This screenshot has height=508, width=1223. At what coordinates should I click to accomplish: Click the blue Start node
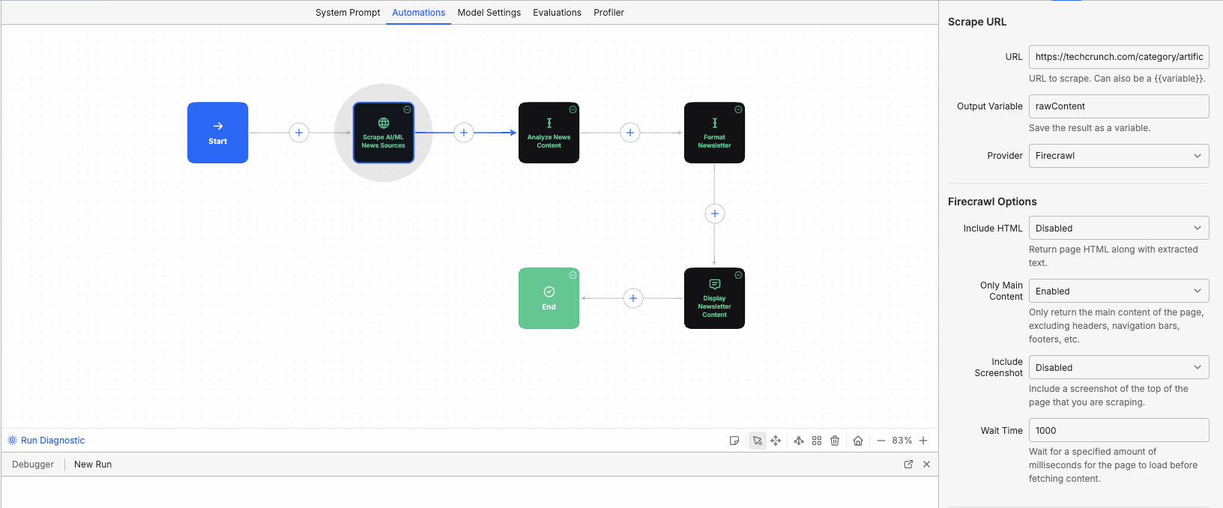coord(217,133)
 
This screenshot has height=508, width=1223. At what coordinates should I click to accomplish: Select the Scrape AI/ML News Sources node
coord(383,133)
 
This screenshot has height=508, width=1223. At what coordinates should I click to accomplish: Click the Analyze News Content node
coord(549,133)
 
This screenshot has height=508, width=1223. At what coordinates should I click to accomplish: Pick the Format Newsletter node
coord(714,133)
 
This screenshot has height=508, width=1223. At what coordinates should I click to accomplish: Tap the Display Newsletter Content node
coord(714,298)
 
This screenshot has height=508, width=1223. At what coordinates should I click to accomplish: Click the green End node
coord(549,298)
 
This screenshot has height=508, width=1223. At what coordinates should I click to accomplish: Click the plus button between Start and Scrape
coord(299,133)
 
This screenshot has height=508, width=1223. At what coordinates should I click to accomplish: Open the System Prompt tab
coord(348,13)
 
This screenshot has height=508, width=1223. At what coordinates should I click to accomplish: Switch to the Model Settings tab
coord(489,13)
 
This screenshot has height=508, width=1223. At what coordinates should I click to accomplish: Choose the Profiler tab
coord(609,13)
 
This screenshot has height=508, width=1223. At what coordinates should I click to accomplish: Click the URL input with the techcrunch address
coord(1118,57)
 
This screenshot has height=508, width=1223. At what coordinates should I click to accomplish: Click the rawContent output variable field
coord(1118,106)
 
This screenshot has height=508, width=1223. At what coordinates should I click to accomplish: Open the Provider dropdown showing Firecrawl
coord(1118,156)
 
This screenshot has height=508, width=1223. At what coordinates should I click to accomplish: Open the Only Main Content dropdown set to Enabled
coord(1118,291)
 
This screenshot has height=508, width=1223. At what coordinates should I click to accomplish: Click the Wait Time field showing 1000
coord(1118,430)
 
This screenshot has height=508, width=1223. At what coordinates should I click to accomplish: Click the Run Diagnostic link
coord(52,441)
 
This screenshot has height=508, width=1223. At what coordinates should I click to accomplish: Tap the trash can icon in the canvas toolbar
coord(835,441)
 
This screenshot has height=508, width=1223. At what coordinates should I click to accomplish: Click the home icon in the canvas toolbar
coord(858,441)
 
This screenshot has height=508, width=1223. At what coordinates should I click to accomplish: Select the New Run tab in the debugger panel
coord(93,465)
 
